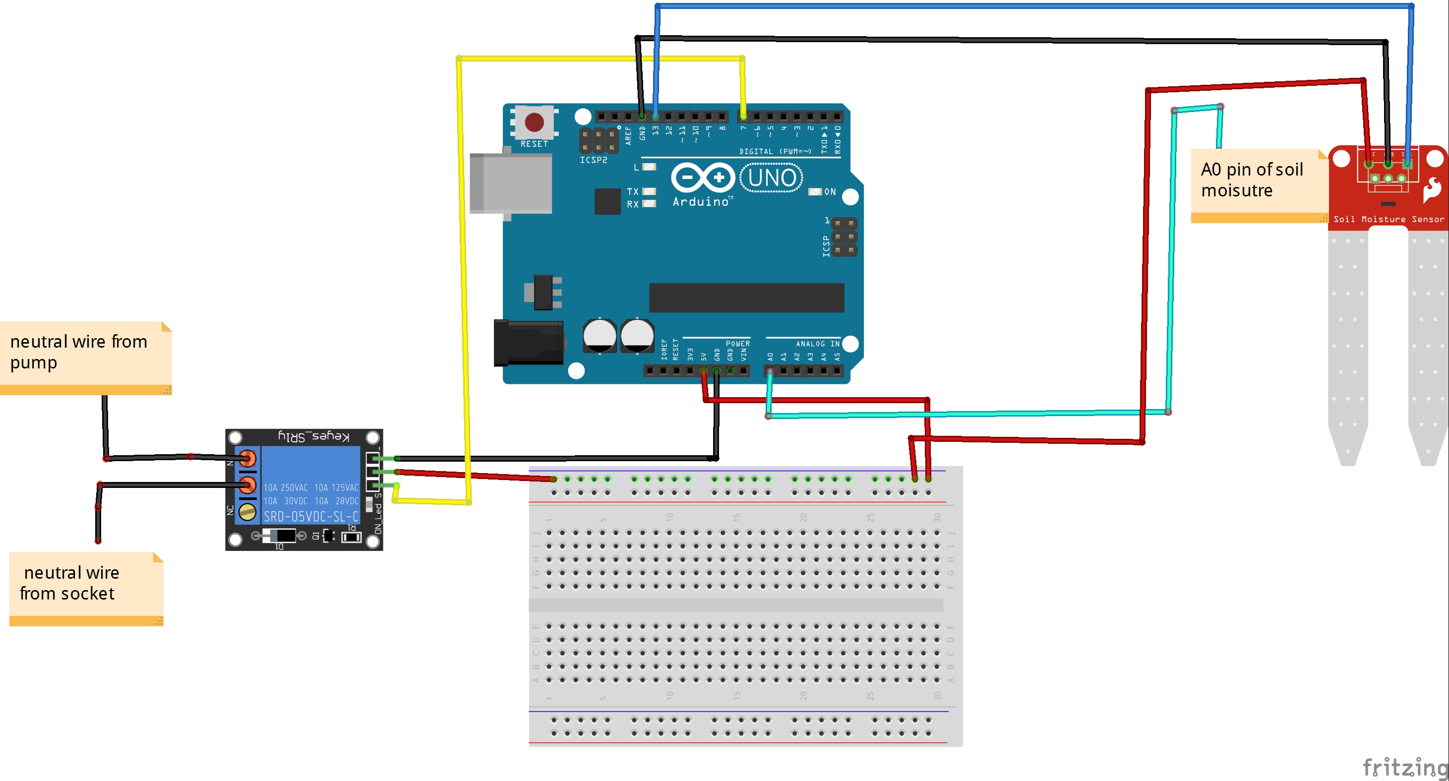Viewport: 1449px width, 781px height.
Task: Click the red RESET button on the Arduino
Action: (x=534, y=122)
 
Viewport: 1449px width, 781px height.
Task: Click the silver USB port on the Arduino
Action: (x=510, y=184)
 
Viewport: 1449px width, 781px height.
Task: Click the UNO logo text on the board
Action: (x=772, y=178)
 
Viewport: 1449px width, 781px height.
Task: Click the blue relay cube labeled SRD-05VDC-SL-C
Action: (x=310, y=484)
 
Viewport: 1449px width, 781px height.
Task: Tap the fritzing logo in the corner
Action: (x=1404, y=767)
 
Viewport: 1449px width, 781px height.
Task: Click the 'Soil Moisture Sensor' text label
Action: (x=1388, y=219)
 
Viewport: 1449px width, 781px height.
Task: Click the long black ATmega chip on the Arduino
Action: (x=746, y=298)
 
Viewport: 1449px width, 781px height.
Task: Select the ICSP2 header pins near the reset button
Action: (x=598, y=141)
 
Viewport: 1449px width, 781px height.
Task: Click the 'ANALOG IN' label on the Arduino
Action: (x=817, y=344)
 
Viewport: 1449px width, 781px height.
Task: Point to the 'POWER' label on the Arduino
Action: (x=737, y=344)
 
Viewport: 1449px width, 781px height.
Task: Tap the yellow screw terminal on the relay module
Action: (x=247, y=512)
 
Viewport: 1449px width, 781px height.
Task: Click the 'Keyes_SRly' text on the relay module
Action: (x=313, y=436)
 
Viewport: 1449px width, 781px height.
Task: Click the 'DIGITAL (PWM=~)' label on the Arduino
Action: (x=775, y=151)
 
